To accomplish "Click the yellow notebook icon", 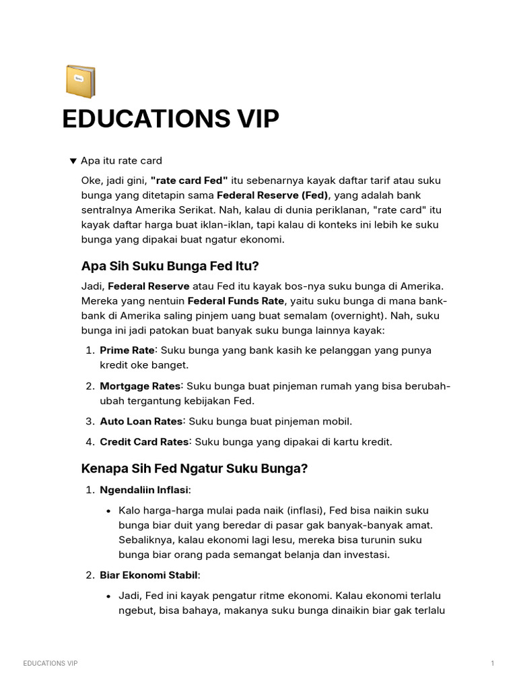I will (80, 81).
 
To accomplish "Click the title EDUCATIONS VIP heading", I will (170, 119).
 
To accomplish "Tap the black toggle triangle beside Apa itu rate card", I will (73, 161).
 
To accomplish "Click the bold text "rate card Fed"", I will (189, 181).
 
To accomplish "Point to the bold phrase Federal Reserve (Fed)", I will (277, 195).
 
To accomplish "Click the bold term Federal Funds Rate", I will (236, 301).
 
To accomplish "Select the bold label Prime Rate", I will (127, 350).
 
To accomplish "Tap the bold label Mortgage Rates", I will (141, 386).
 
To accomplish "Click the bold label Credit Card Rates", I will (144, 442).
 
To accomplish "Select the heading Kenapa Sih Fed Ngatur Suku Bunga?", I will (194, 468).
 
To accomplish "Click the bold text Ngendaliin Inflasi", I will (144, 490).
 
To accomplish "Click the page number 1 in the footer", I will (493, 664).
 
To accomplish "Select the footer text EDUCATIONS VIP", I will (50, 664).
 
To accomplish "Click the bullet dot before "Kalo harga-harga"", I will (108, 511).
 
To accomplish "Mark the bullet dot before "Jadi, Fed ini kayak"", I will (108, 596).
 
